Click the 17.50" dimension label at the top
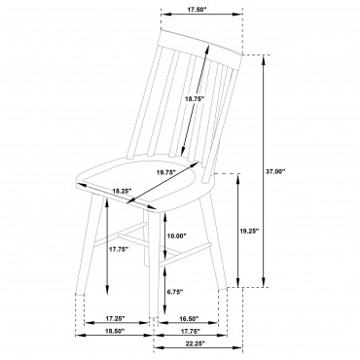[x=197, y=9]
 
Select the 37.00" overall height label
[x=275, y=171]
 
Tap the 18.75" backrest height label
[x=194, y=99]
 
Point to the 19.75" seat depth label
[x=165, y=172]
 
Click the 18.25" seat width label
[x=122, y=191]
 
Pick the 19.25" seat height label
[x=249, y=232]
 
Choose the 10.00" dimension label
[x=177, y=235]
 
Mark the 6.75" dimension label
[x=175, y=292]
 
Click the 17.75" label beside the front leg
[x=119, y=249]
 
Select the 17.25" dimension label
[x=115, y=318]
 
